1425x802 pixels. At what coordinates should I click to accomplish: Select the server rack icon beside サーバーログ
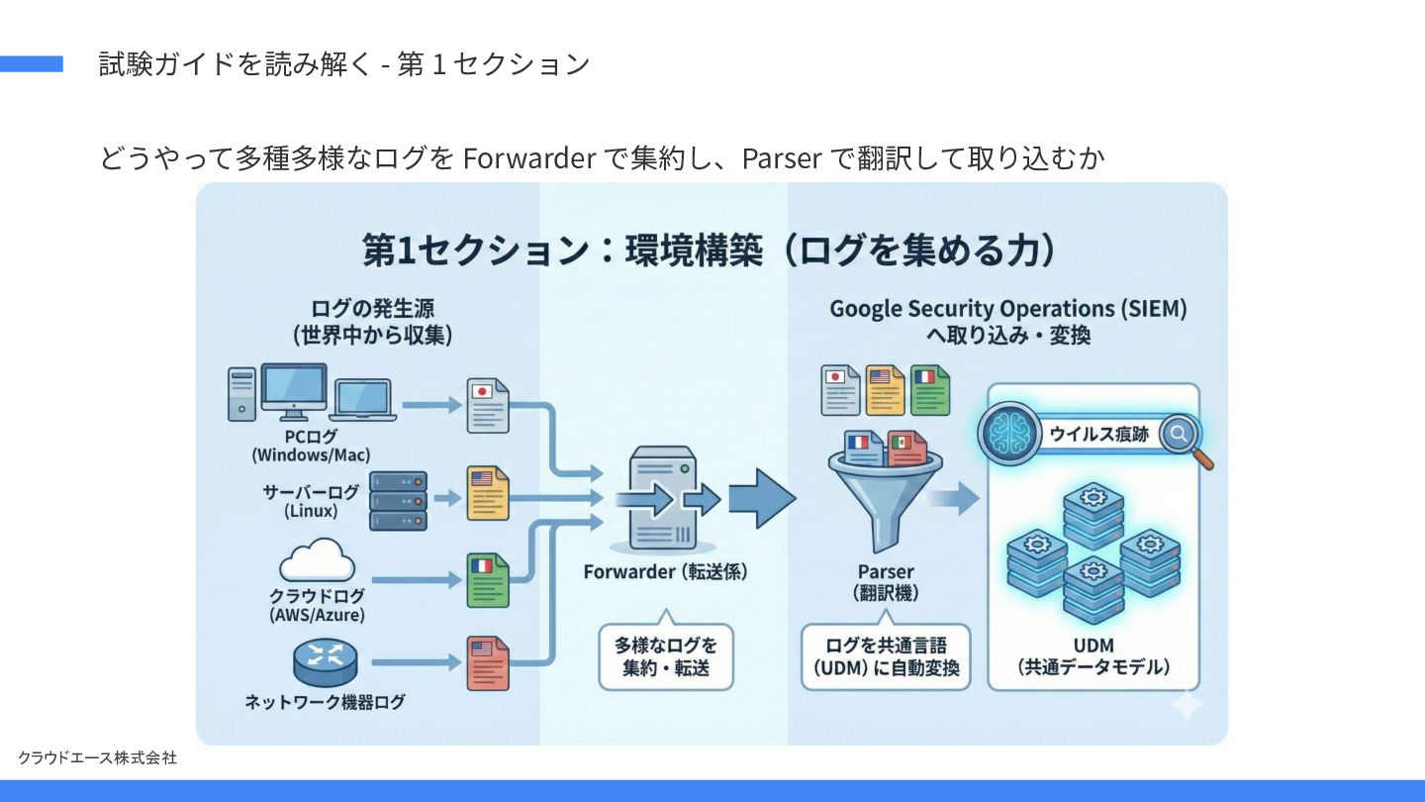[x=398, y=501]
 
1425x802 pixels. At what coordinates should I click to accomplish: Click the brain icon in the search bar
[x=1007, y=433]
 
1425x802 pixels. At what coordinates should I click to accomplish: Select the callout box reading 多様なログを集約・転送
[x=665, y=655]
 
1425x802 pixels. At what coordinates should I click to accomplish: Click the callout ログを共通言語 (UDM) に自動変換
[x=886, y=655]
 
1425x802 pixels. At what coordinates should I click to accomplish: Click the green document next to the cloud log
[x=488, y=579]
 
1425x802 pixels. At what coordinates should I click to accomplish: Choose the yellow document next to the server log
[x=488, y=493]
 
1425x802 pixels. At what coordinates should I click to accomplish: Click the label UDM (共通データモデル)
[x=1092, y=656]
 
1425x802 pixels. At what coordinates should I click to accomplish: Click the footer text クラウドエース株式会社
[x=97, y=757]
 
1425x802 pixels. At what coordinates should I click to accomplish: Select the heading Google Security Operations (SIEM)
[x=1007, y=309]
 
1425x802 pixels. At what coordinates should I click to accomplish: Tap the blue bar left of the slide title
[x=31, y=64]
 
